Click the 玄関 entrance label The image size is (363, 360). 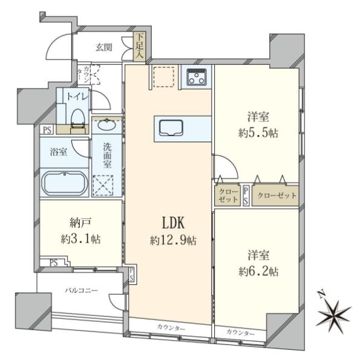(x=104, y=47)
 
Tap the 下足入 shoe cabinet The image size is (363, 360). (x=140, y=47)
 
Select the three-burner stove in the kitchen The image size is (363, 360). (x=197, y=77)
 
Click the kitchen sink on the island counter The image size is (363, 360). (x=171, y=128)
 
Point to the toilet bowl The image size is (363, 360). (x=78, y=119)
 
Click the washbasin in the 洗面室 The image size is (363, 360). (x=106, y=125)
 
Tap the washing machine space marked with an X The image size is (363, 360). (x=103, y=186)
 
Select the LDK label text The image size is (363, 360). (x=174, y=223)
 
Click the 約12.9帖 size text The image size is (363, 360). (x=174, y=241)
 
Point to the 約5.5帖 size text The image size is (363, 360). (x=258, y=133)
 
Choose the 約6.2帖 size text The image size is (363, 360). (x=258, y=271)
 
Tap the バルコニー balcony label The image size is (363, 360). (x=81, y=290)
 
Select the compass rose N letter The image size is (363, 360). (x=321, y=295)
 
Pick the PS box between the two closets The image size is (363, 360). (x=246, y=196)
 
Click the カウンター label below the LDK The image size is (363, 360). (x=171, y=327)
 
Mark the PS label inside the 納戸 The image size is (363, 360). (x=53, y=263)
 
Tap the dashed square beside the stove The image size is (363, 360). (x=164, y=77)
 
